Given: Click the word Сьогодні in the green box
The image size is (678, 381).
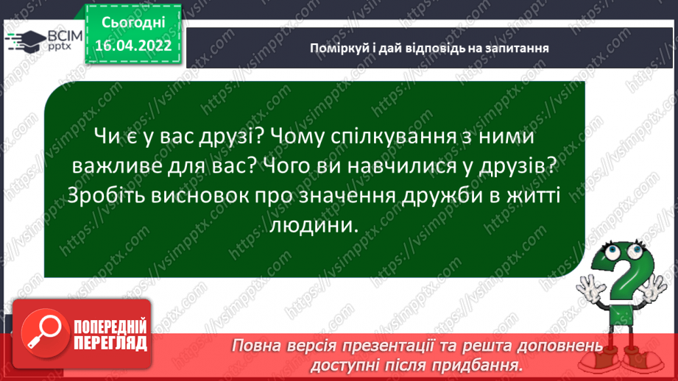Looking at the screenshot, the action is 133,23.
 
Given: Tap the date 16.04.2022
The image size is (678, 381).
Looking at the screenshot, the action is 133,45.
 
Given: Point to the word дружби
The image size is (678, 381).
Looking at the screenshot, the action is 442,196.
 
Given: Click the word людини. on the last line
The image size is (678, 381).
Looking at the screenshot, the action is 314,226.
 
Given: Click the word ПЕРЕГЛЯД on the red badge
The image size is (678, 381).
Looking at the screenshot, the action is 110,343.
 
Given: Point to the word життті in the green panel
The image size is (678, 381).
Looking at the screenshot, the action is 533,196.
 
